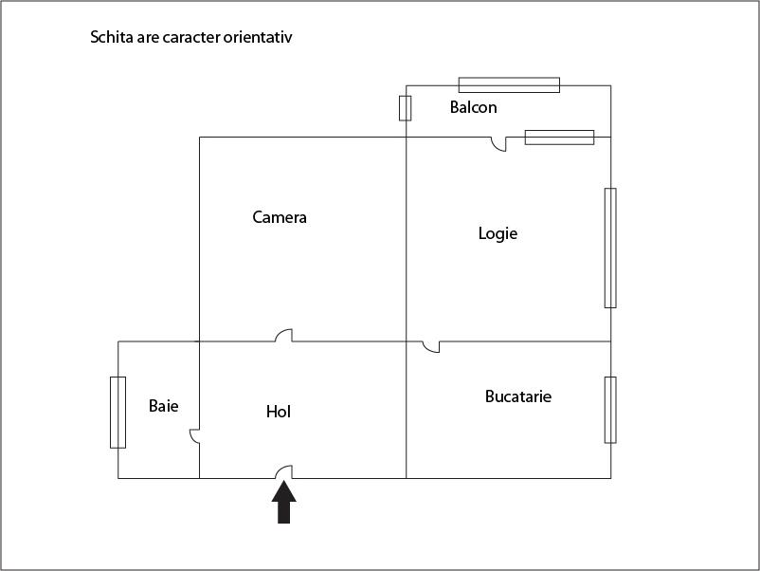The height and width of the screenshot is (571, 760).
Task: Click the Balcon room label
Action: coord(473,107)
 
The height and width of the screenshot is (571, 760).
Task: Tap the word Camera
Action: coord(280,217)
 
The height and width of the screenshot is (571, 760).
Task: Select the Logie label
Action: coord(498,234)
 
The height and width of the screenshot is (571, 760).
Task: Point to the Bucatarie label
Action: coord(518,396)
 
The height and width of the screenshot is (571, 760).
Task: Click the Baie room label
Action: coord(163,406)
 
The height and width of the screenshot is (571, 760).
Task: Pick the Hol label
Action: coord(279,412)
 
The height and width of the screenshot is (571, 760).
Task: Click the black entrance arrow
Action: coord(284,502)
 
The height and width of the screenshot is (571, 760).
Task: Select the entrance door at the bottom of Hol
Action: coord(284,472)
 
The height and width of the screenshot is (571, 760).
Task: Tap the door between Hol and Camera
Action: coord(284,336)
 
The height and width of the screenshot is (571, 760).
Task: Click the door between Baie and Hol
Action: coord(194,436)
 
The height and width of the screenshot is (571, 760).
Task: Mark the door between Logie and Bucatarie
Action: coord(431,347)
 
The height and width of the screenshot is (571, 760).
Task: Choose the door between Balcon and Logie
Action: coord(498,144)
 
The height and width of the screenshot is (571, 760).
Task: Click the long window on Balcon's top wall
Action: coord(509,85)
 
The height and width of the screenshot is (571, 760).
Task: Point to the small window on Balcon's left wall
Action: coord(406,108)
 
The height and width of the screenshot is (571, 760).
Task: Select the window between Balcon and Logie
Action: coord(559,138)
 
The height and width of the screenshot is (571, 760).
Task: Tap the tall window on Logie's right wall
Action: coord(610,248)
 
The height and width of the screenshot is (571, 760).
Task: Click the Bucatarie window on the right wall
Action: coord(610,410)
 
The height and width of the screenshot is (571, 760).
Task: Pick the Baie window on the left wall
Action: coord(118,413)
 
